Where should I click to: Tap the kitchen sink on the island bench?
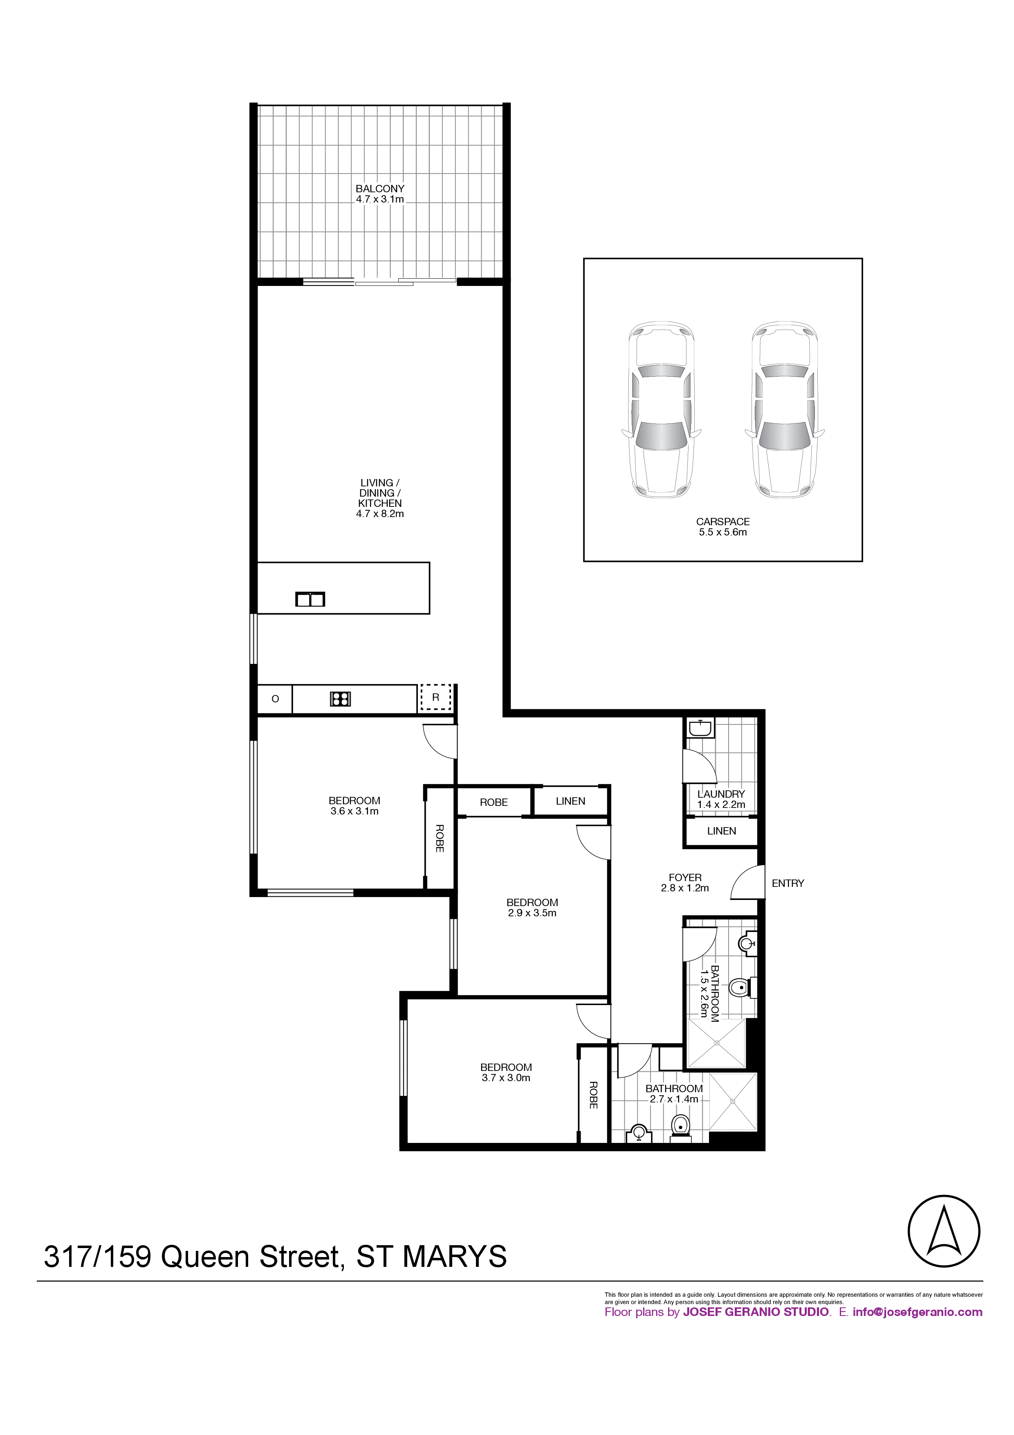[310, 599]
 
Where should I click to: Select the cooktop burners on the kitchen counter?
[341, 698]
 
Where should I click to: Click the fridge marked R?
[435, 697]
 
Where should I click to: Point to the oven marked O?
[275, 699]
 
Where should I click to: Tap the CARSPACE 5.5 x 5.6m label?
[723, 527]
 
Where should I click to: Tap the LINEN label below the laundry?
[722, 831]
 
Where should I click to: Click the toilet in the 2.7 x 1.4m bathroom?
[680, 1127]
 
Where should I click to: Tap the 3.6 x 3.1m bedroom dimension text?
[354, 811]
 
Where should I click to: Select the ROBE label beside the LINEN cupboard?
[494, 802]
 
